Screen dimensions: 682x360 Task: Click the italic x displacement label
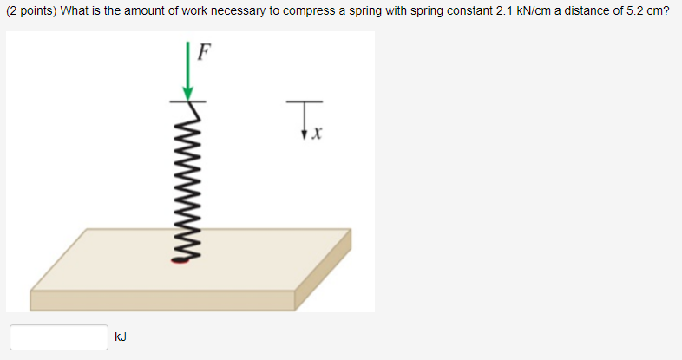(318, 134)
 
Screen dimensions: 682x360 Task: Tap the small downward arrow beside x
(305, 131)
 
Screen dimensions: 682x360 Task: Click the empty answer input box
(58, 337)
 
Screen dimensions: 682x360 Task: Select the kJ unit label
(121, 337)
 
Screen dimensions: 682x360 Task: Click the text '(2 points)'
(31, 13)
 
